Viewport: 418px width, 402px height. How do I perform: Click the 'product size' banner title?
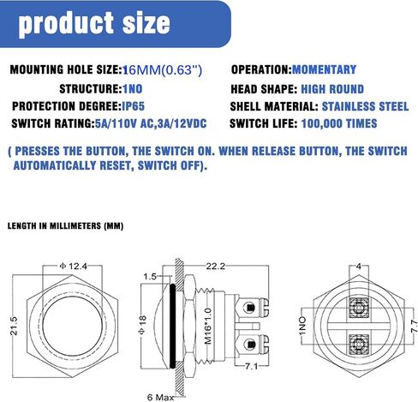pyautogui.click(x=94, y=24)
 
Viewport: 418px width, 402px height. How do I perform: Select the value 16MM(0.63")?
pyautogui.click(x=162, y=70)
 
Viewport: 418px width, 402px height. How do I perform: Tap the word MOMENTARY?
pyautogui.click(x=324, y=69)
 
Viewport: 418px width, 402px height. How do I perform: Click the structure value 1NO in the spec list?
pyautogui.click(x=133, y=89)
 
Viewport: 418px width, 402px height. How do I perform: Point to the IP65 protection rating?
pyautogui.click(x=134, y=106)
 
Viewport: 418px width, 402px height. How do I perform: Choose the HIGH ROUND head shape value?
pyautogui.click(x=332, y=89)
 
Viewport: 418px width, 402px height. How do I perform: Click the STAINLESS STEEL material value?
pyautogui.click(x=366, y=106)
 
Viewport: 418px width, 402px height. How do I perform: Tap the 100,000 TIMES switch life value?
pyautogui.click(x=339, y=123)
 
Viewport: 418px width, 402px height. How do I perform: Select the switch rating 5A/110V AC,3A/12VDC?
pyautogui.click(x=151, y=123)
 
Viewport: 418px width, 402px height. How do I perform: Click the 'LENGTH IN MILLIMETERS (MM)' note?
pyautogui.click(x=65, y=226)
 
